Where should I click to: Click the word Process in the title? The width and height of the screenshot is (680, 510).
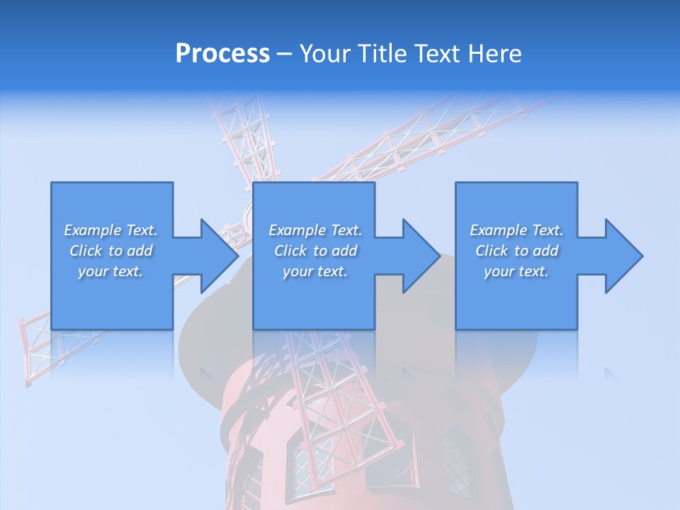(x=222, y=54)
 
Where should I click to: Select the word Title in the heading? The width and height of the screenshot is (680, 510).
(x=380, y=54)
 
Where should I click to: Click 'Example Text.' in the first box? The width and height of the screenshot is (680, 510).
(x=110, y=230)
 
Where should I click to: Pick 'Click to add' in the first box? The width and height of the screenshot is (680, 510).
(x=110, y=251)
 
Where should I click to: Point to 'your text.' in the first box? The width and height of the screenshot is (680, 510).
(x=110, y=271)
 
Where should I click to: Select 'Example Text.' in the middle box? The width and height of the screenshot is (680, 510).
(x=315, y=230)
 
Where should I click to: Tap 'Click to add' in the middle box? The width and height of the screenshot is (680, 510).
(x=315, y=251)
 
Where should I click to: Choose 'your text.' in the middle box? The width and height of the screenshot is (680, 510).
(x=315, y=271)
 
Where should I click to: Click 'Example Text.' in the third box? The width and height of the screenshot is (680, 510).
(x=516, y=230)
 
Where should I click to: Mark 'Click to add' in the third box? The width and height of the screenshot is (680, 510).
(x=516, y=251)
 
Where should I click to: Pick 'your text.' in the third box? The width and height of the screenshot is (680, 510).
(x=516, y=271)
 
